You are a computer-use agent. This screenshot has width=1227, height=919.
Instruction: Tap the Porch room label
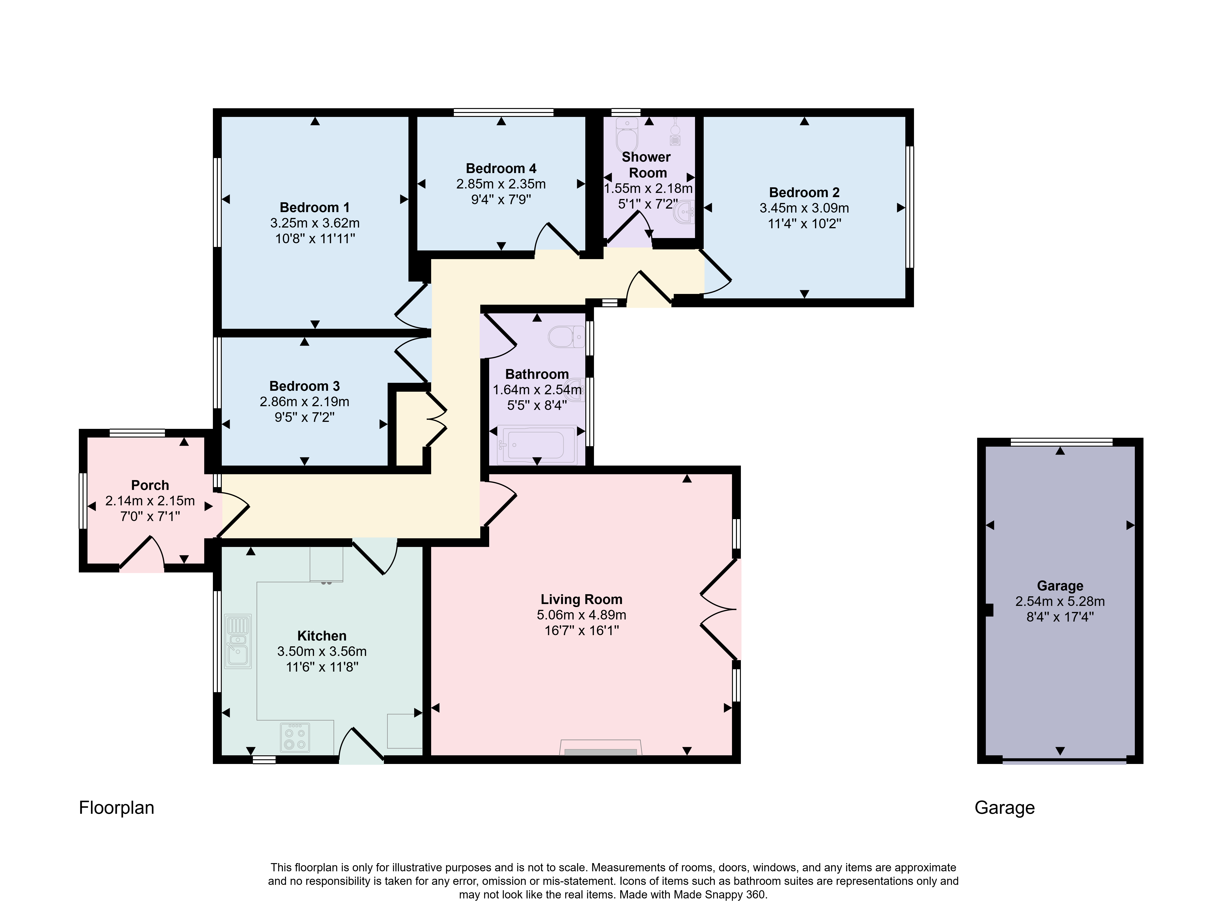150,485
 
